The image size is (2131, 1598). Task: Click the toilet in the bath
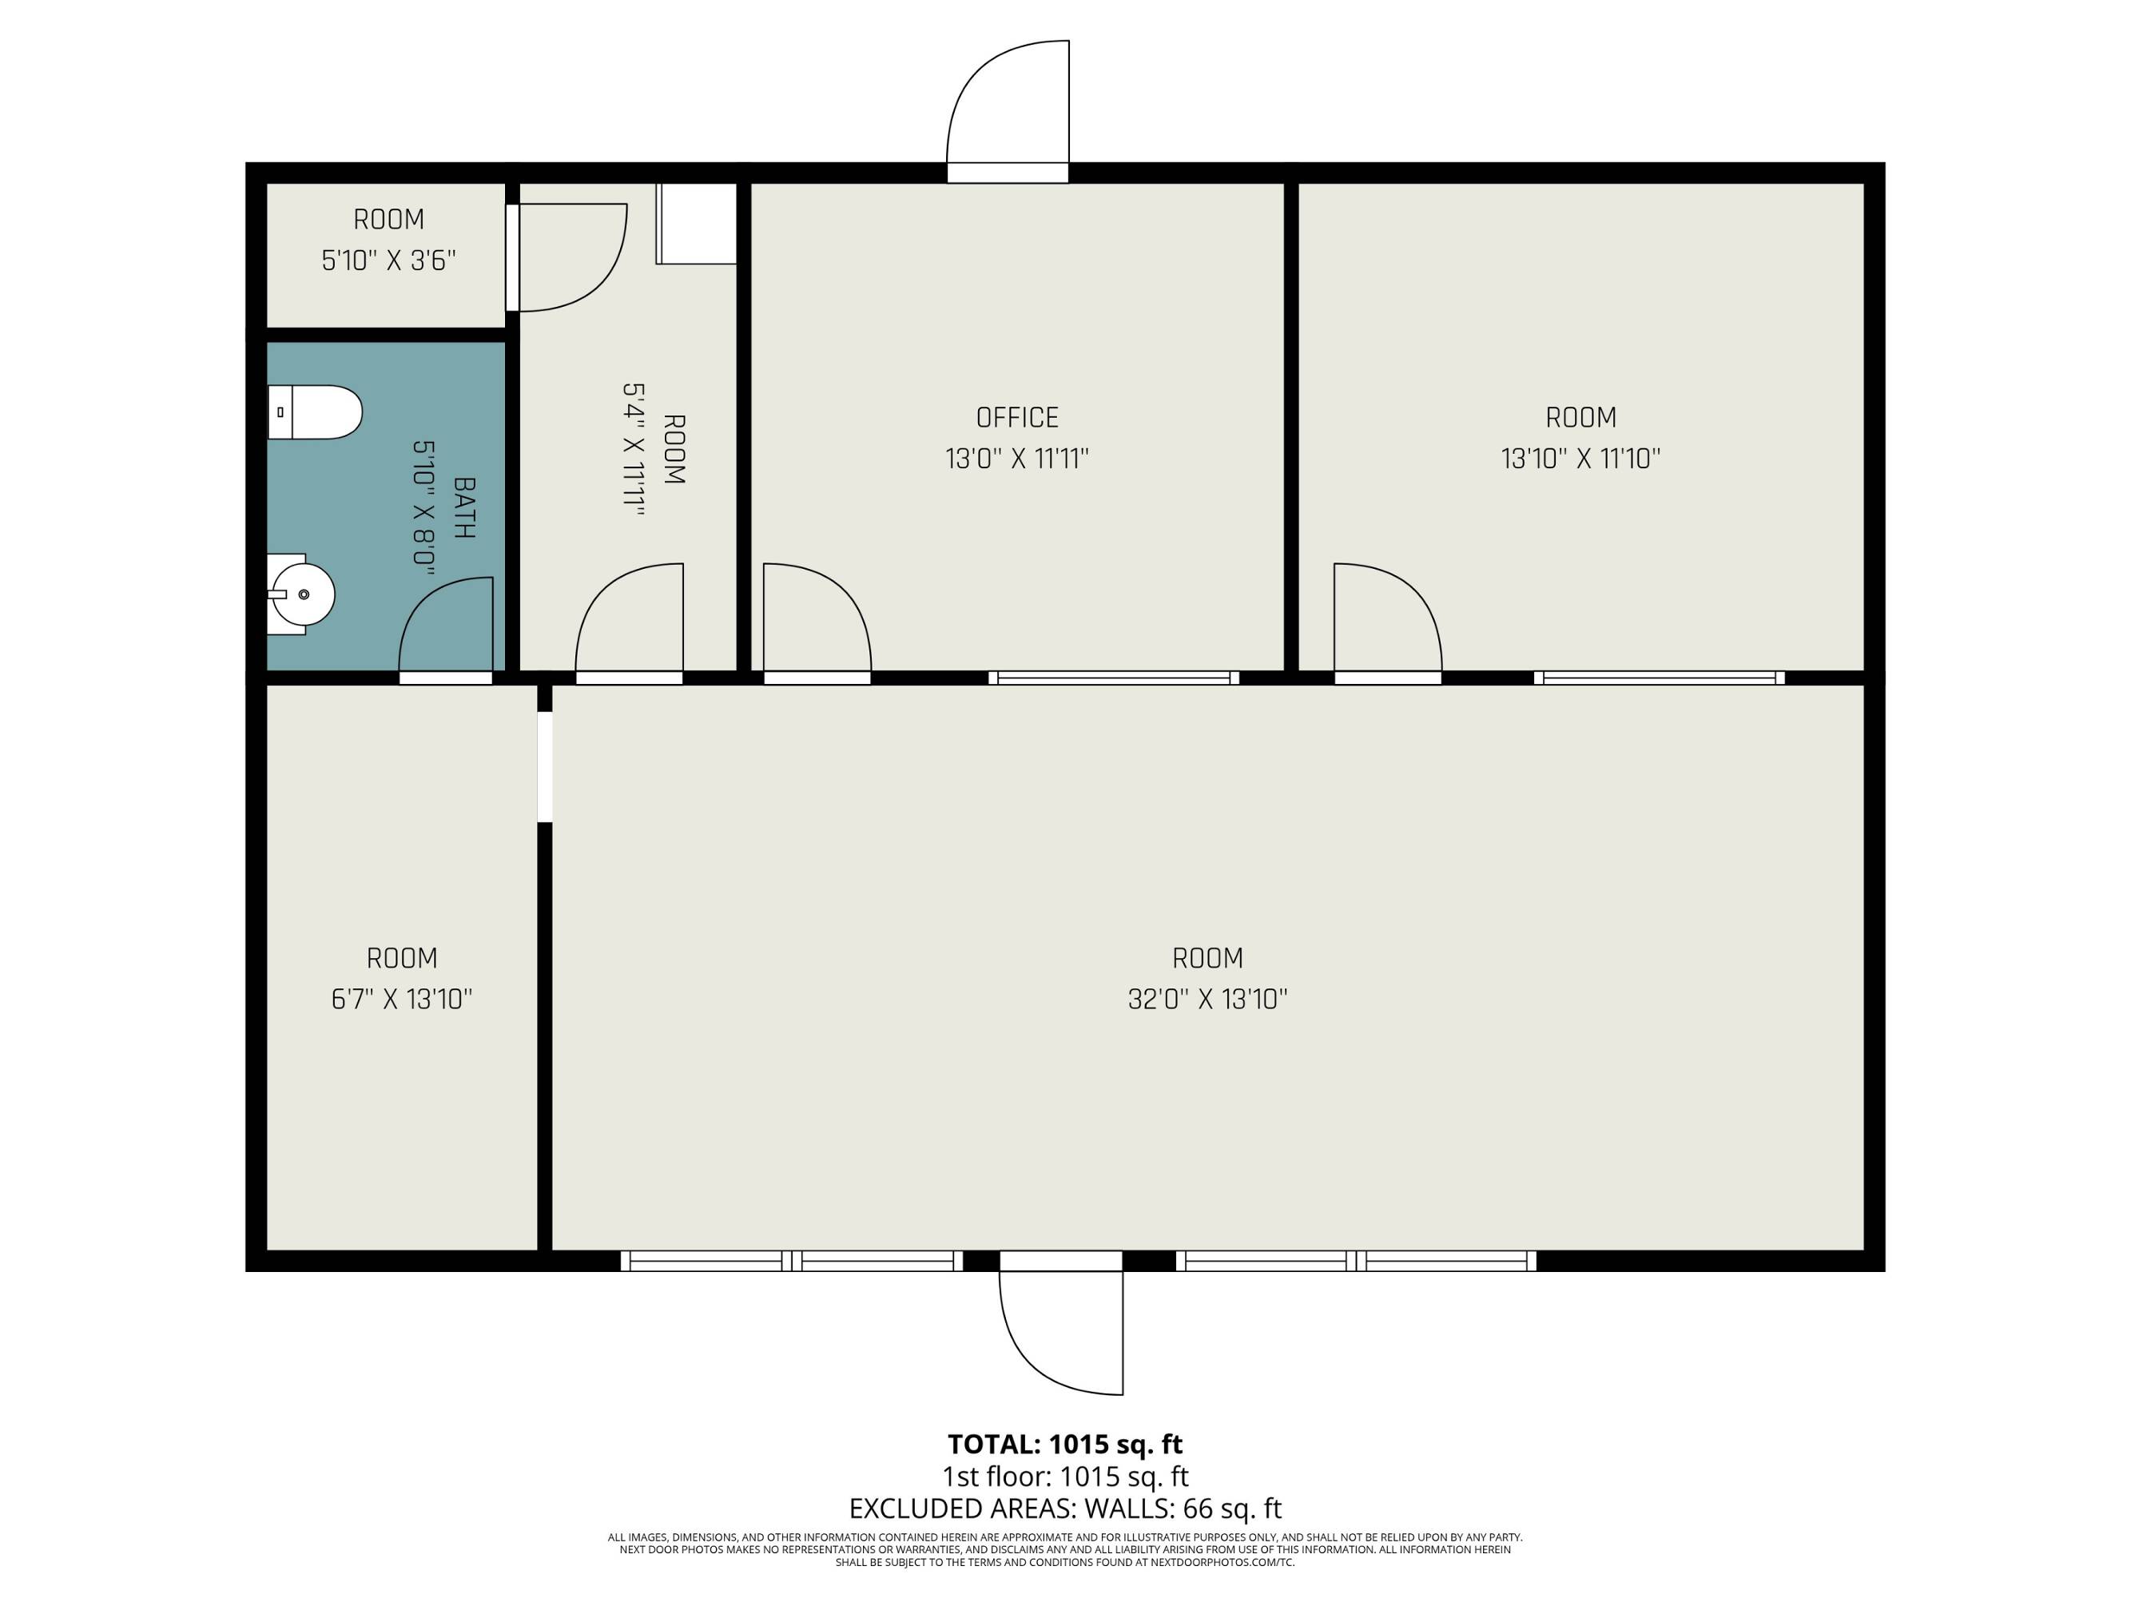tap(314, 412)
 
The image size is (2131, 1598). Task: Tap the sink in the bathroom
tap(300, 594)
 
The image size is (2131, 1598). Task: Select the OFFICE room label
tap(1016, 417)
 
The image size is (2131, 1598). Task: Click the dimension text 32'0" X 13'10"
tap(1207, 999)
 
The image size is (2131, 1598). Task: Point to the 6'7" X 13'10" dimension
tap(402, 999)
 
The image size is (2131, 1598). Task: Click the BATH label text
tap(463, 507)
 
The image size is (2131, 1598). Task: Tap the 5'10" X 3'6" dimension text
tap(388, 260)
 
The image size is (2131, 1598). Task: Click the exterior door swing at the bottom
tap(1060, 1332)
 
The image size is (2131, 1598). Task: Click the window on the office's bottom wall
tap(1114, 677)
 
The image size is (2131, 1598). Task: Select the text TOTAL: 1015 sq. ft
tap(1064, 1444)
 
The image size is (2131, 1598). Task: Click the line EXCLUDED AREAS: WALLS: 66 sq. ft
tap(1064, 1508)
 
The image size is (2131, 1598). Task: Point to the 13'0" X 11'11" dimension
tap(1016, 459)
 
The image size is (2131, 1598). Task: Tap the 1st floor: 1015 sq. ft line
tap(1064, 1476)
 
